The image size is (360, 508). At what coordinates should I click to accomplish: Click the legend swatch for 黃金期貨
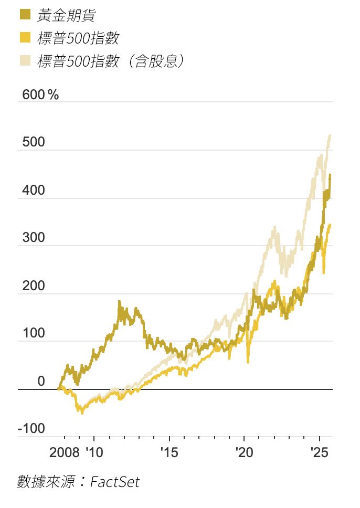pos(24,15)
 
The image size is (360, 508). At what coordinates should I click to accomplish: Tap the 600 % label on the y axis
pos(40,95)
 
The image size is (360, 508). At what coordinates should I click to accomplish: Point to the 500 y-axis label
pos(34,143)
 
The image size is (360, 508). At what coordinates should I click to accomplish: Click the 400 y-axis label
pos(34,191)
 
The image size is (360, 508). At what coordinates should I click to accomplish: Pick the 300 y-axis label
pos(34,239)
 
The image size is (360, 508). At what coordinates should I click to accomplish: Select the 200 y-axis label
pos(34,287)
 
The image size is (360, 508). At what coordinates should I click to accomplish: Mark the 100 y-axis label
pos(34,334)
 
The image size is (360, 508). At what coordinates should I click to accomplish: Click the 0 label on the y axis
pos(41,382)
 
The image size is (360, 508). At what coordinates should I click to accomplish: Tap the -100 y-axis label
pos(31,429)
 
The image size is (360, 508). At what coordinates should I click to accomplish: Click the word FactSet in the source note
pos(115,481)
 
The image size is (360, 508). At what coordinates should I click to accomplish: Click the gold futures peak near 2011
pos(119,302)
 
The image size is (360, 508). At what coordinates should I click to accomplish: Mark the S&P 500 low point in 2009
pos(81,413)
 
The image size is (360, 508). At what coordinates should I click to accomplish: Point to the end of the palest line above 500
pos(330,135)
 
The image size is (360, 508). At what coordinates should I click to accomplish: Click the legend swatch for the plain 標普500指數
pos(24,38)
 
